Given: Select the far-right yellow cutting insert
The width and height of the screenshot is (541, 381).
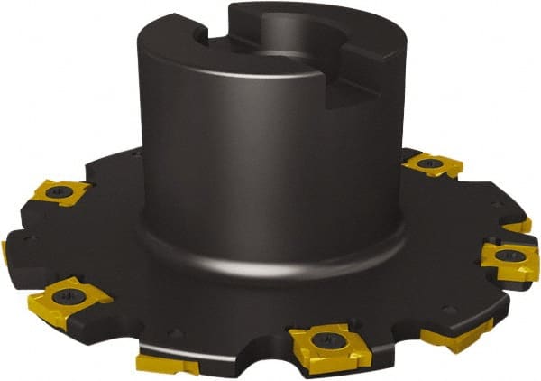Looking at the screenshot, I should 509,257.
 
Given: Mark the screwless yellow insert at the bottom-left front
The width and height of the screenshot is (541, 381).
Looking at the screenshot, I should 168,364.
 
